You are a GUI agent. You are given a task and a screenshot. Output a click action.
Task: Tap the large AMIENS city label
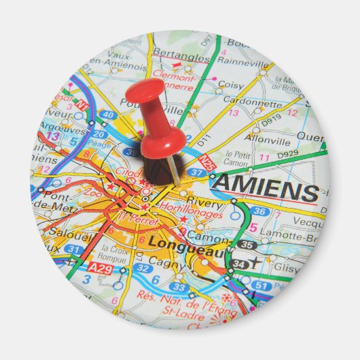pyautogui.click(x=266, y=188)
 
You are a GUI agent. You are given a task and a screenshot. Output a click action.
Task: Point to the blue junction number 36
pyautogui.click(x=259, y=211)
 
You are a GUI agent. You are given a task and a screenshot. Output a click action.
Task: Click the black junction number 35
pyautogui.click(x=247, y=245)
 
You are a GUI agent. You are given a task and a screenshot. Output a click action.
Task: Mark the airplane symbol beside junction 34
pyautogui.click(x=255, y=262)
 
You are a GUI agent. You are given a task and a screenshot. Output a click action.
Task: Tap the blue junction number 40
pyautogui.click(x=107, y=115)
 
